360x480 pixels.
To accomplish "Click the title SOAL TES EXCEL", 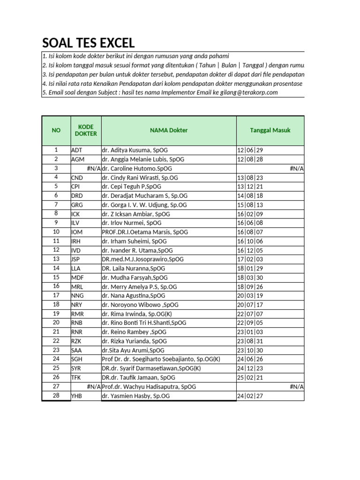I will tap(89, 43).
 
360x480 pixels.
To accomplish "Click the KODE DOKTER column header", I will tap(85, 130).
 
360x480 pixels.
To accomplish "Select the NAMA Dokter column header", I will tap(169, 130).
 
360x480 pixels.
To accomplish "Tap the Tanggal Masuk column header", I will tap(270, 130).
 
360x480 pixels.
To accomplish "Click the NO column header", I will tap(56, 130).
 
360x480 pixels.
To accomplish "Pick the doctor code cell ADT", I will tap(78, 150).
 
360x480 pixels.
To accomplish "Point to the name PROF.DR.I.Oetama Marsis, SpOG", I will tap(143, 232).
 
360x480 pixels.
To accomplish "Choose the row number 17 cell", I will tap(56, 295).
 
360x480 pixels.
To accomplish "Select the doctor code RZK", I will tap(77, 341).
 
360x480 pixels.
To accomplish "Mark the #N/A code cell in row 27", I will tap(93, 387).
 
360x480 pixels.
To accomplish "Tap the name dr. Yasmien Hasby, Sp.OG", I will tap(136, 396).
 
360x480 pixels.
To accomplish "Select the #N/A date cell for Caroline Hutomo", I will tap(296, 168).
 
